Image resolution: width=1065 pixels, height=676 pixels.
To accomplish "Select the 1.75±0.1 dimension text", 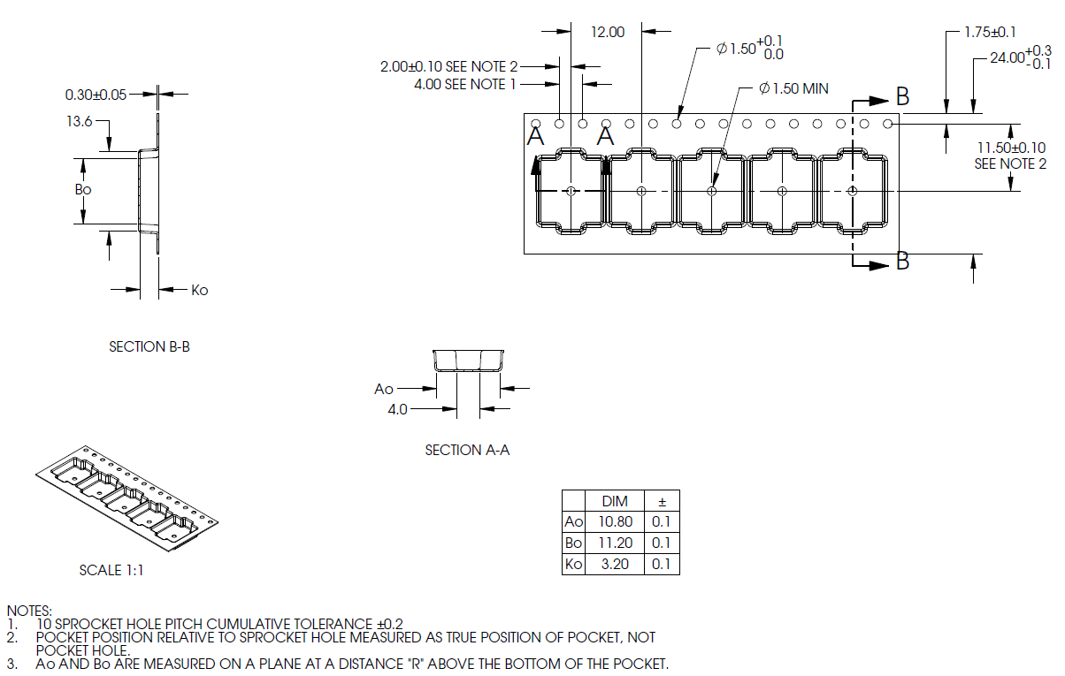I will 990,32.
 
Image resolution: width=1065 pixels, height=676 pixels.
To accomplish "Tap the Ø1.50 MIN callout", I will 793,88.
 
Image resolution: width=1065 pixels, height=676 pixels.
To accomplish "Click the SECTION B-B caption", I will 149,347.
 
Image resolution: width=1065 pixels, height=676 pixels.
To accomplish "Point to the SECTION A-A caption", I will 467,450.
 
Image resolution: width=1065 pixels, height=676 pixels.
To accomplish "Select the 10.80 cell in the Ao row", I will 615,522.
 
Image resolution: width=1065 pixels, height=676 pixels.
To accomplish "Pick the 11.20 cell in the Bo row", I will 615,543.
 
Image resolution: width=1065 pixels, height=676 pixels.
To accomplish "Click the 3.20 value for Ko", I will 615,564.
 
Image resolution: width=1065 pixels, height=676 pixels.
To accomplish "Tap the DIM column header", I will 615,501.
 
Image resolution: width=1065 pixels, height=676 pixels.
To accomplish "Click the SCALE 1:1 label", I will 111,571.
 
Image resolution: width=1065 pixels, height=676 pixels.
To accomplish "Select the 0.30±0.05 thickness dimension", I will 96,95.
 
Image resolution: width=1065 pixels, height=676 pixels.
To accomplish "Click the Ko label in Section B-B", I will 200,290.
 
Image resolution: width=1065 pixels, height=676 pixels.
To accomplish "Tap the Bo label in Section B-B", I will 82,189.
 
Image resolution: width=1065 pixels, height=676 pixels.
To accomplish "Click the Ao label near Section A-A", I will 384,389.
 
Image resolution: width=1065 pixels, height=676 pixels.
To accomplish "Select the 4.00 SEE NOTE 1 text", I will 465,84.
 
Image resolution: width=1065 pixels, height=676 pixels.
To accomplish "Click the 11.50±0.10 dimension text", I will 1011,148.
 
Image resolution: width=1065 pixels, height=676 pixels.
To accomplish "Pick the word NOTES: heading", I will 29,611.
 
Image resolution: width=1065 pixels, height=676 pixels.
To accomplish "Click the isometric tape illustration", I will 126,500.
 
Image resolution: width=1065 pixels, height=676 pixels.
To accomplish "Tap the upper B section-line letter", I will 902,95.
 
